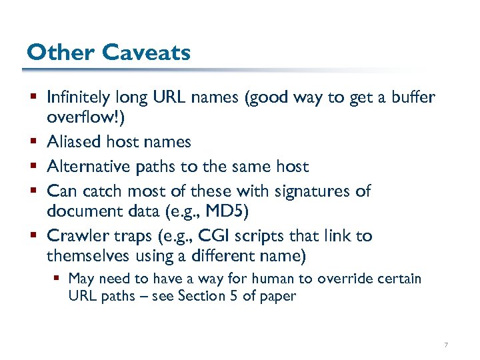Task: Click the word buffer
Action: [412, 98]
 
